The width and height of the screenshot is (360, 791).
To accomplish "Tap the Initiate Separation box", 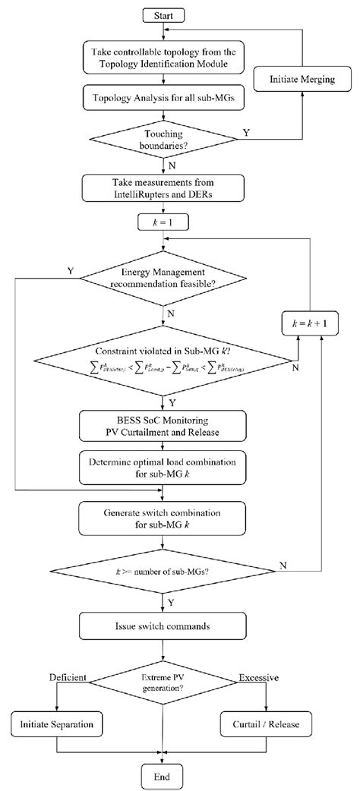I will coord(57,724).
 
